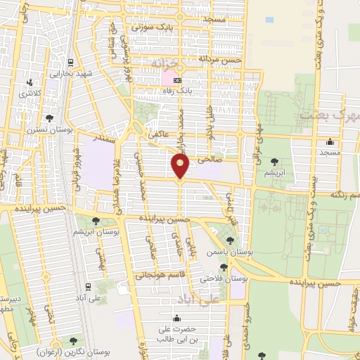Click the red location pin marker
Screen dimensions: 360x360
pyautogui.click(x=180, y=167)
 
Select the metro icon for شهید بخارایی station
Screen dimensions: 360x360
pyautogui.click(x=70, y=61)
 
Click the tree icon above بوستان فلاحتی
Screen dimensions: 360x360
pyautogui.click(x=224, y=267)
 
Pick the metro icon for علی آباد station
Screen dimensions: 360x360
pyautogui.click(x=87, y=287)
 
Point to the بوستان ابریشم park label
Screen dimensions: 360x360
pyautogui.click(x=96, y=231)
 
